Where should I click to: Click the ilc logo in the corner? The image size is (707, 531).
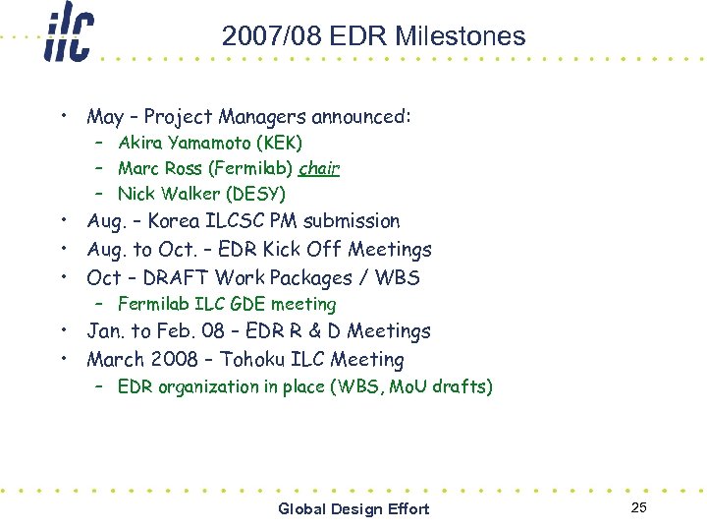point(68,35)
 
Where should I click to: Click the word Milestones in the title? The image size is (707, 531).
point(462,37)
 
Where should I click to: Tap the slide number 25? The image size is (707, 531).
point(639,507)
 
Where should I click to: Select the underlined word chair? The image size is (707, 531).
point(319,168)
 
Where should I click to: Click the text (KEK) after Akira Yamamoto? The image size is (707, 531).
point(280,144)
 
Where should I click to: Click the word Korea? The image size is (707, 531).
point(175,221)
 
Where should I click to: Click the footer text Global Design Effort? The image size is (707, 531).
point(353,508)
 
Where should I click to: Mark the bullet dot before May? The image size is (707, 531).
point(62,115)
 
